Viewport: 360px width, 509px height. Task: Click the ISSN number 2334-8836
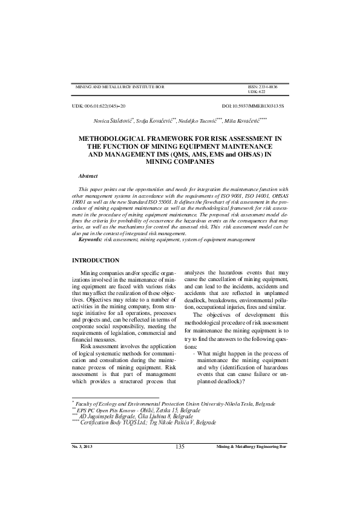(x=267, y=87)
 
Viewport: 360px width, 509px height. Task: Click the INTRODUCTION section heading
(x=96, y=260)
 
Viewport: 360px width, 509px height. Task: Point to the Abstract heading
(x=88, y=175)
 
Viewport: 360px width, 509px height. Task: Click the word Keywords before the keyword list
(x=91, y=240)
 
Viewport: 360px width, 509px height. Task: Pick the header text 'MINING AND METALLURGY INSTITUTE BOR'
(x=119, y=87)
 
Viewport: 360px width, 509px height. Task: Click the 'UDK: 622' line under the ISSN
(x=257, y=92)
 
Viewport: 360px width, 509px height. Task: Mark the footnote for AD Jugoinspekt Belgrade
(x=136, y=415)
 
